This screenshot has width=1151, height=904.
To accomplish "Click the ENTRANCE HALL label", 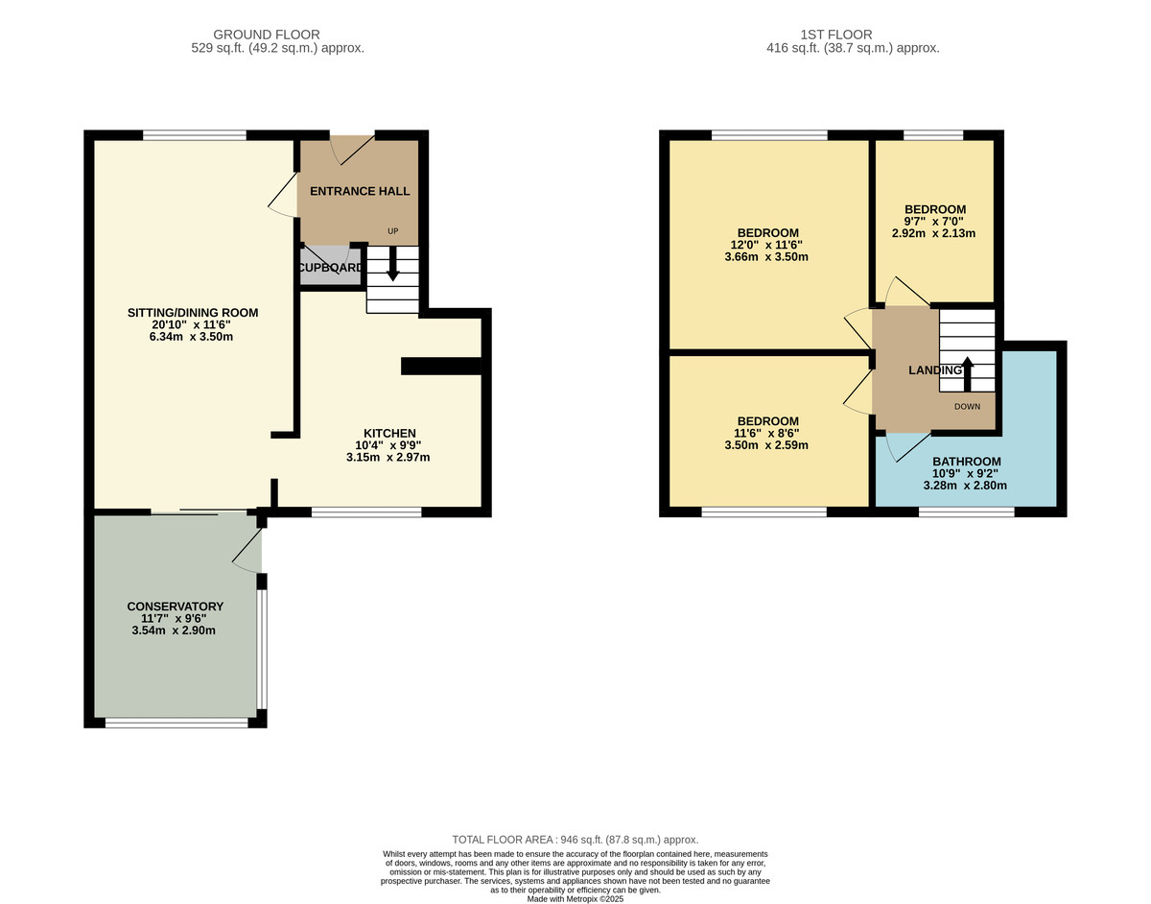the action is (360, 191).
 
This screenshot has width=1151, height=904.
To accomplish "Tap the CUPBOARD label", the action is (331, 268).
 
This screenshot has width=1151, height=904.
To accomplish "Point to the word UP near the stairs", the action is (393, 231).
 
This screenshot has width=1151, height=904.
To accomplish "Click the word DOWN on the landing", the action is (967, 407).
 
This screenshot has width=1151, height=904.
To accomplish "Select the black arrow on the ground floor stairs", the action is (393, 263).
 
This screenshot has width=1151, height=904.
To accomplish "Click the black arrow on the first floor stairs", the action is (967, 374).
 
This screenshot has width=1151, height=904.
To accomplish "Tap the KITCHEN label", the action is (389, 433).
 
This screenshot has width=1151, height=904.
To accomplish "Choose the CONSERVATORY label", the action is (176, 607).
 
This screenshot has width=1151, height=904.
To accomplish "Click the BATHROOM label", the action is (967, 462).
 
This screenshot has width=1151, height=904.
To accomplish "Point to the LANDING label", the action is (935, 370).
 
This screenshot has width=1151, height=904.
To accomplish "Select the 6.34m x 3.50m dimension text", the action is (191, 337).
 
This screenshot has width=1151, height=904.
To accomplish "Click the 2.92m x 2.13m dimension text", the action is (934, 233).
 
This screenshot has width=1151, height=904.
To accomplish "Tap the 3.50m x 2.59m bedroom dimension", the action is (766, 445).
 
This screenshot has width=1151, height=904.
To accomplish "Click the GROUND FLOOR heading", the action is (267, 35).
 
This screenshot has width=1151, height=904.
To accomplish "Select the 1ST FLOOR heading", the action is (835, 35).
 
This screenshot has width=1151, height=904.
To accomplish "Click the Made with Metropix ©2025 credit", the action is (575, 899).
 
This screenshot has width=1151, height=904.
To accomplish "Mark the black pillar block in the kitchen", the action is (440, 367).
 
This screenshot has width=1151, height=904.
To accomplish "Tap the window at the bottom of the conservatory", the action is (176, 723).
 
